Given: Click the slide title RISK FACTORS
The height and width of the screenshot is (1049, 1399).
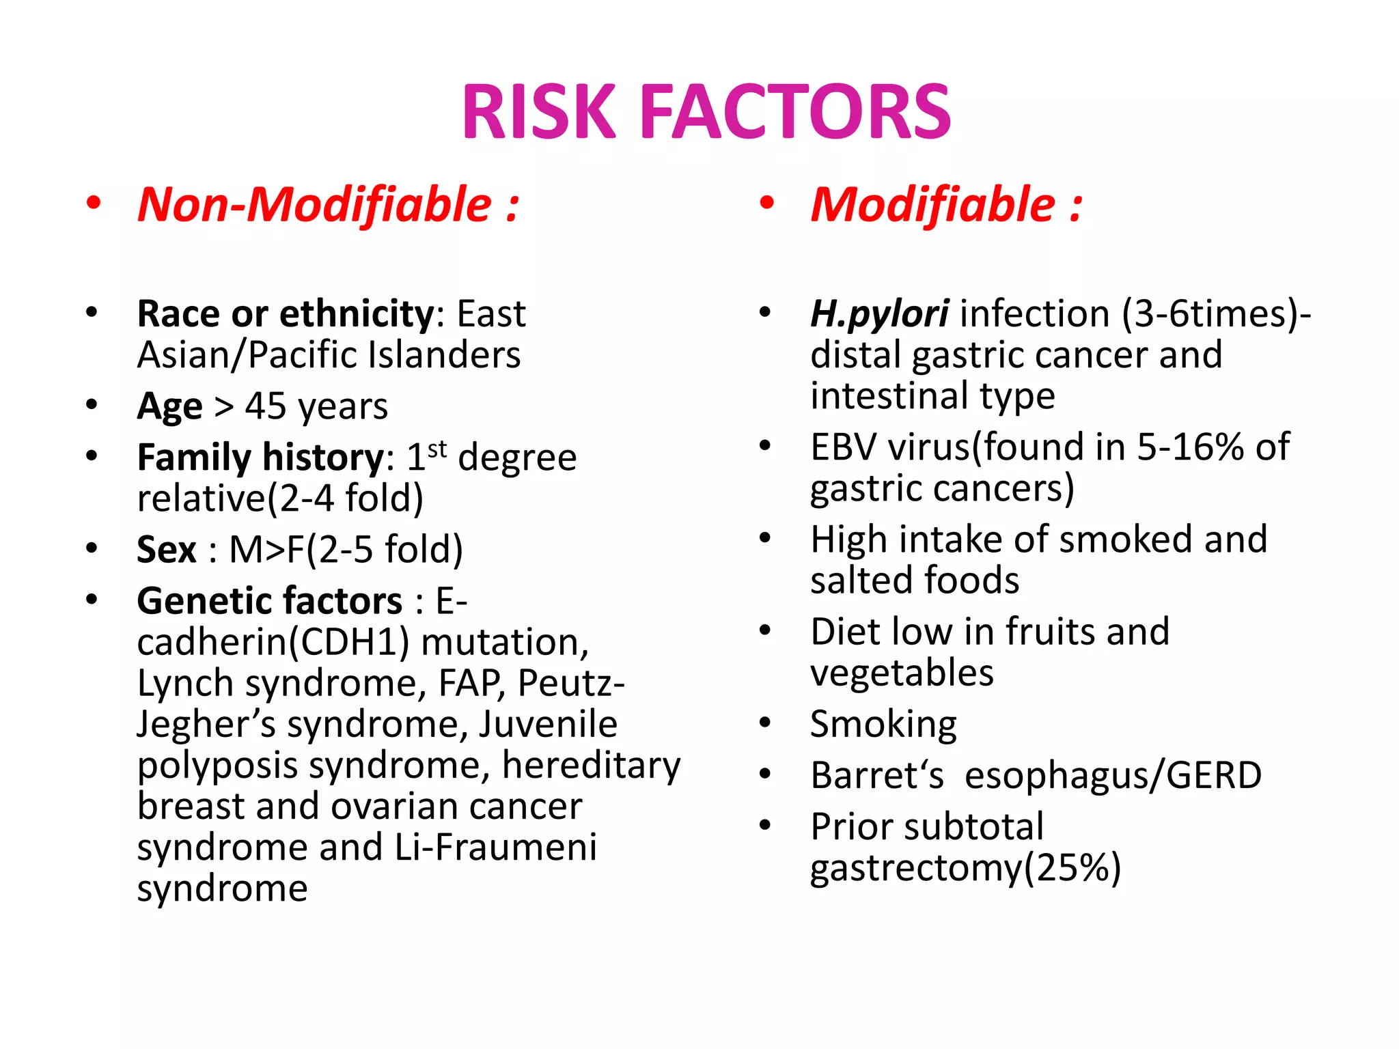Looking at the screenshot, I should click(706, 111).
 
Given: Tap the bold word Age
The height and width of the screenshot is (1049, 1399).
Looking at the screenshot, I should click(169, 407).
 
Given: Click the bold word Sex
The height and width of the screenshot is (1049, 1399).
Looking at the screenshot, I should click(166, 549).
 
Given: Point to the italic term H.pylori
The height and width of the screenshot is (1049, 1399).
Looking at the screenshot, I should click(879, 314).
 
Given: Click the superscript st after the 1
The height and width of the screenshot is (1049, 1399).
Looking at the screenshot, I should click(437, 449).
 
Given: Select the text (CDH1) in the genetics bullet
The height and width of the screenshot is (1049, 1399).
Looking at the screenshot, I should click(348, 643).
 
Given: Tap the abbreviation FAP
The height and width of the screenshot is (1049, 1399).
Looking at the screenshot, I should click(471, 684).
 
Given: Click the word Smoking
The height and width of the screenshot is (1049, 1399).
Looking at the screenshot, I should click(883, 724).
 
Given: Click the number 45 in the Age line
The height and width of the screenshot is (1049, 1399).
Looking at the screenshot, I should click(266, 407).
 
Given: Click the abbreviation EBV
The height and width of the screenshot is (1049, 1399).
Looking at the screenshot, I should click(843, 447).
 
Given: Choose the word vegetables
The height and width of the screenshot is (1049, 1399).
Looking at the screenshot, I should click(902, 673).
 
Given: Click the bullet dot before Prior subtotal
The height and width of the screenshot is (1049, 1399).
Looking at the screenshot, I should click(765, 826).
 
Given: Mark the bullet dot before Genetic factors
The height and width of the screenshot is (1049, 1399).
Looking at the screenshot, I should click(92, 600).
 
